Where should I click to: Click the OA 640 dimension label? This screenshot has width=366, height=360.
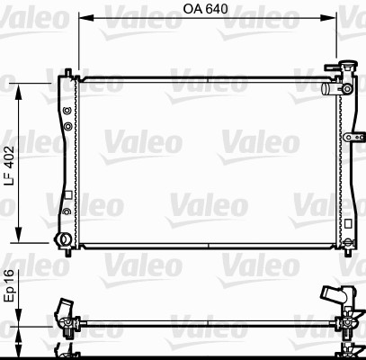[x=205, y=9]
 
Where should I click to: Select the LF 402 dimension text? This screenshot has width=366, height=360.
[x=9, y=166]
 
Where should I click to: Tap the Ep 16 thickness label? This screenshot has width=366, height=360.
[x=9, y=285]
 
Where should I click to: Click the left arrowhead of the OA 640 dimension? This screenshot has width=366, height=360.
[x=86, y=18]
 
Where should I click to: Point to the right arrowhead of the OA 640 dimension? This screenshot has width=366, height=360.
[x=328, y=18]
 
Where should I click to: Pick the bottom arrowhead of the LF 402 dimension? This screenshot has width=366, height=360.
[x=19, y=235]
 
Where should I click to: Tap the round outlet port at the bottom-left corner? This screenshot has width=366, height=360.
[x=62, y=239]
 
